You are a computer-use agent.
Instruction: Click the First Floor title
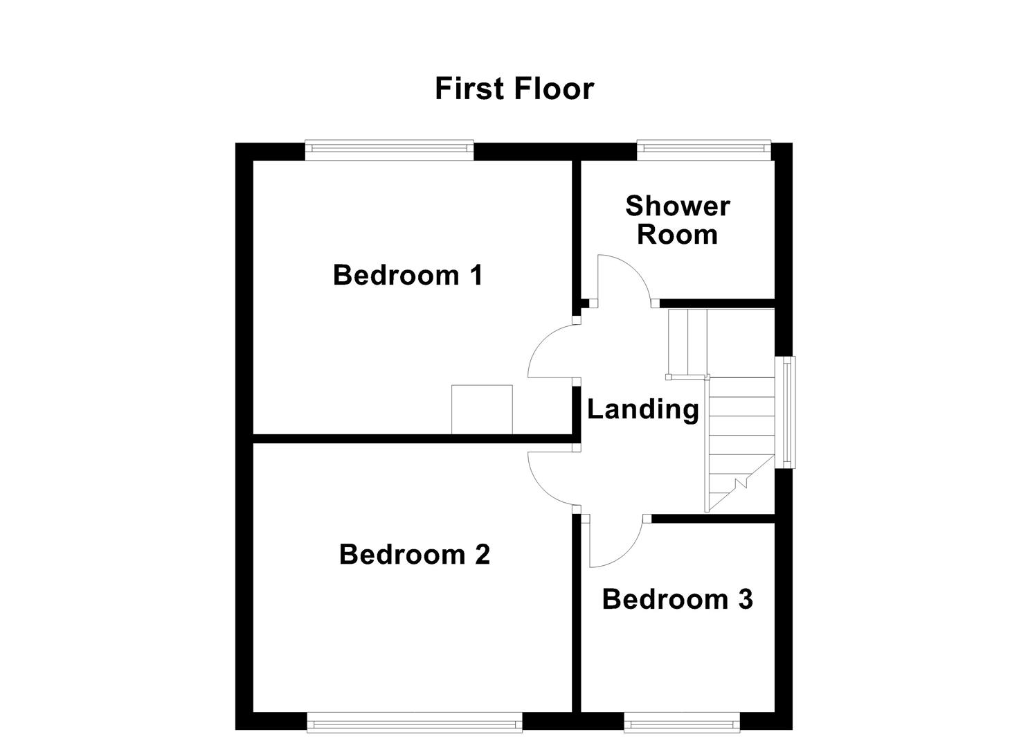click(x=514, y=89)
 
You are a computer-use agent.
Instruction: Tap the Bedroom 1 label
click(x=408, y=275)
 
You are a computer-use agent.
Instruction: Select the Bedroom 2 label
click(x=415, y=554)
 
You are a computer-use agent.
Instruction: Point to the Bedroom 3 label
click(x=677, y=599)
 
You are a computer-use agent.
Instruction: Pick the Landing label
click(x=642, y=409)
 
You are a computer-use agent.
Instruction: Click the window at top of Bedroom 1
click(x=389, y=150)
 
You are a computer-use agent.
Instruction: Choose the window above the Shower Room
click(x=703, y=150)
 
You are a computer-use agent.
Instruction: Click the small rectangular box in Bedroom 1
click(x=482, y=409)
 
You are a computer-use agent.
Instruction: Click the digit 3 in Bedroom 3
click(x=745, y=599)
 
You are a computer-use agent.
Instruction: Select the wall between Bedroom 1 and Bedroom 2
click(x=413, y=438)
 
